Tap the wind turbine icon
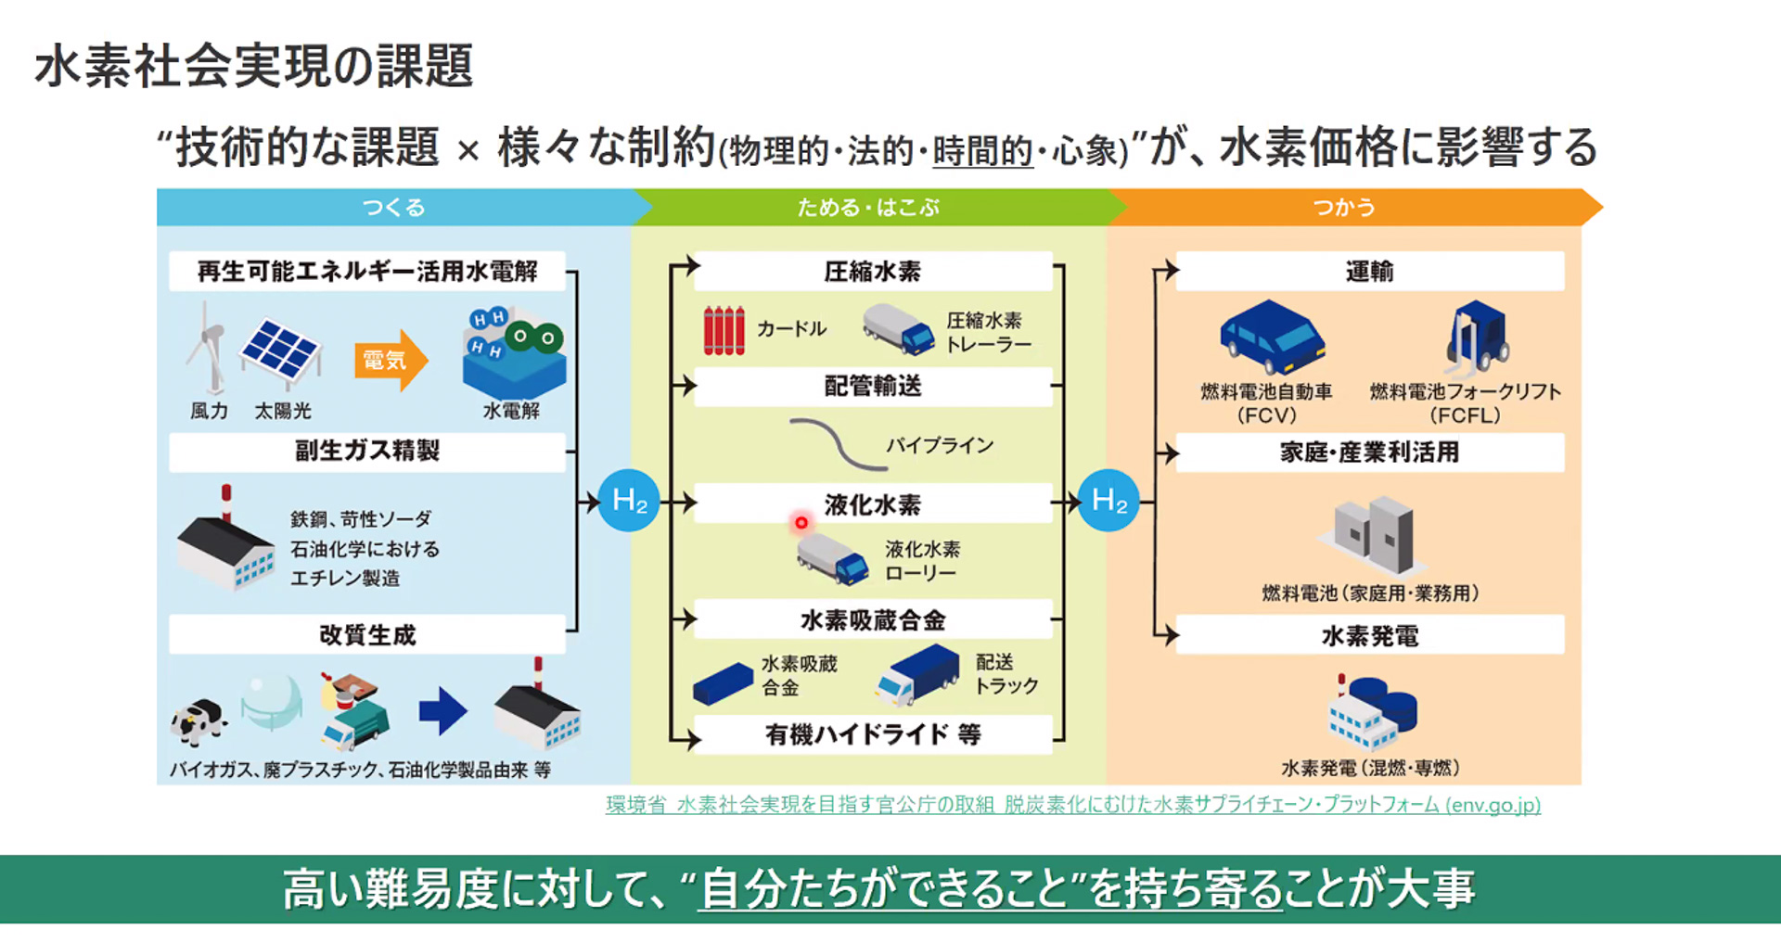208,349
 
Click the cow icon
198,721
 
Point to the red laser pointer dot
801,523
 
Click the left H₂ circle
629,502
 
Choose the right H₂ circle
1108,502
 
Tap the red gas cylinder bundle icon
724,331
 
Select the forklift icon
1477,336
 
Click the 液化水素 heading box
872,504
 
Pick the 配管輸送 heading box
872,387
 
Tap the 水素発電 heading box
1369,636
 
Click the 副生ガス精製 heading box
367,452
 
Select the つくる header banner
394,208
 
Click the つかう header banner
1345,208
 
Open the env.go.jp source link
1073,805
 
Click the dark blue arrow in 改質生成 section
442,711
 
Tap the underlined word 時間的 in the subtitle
982,150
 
